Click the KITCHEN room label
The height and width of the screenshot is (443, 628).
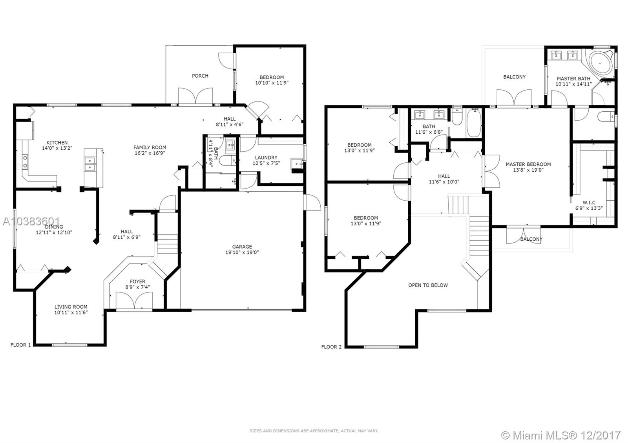[x=57, y=143]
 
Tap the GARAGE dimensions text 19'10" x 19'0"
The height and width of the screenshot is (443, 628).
[x=242, y=252]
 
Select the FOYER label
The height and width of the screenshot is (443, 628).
[x=137, y=281]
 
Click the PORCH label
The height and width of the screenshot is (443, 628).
[x=200, y=76]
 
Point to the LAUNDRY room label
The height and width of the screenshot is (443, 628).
[x=266, y=158]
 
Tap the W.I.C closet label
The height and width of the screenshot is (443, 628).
[x=589, y=203]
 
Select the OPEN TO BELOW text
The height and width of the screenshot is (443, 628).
[x=428, y=285]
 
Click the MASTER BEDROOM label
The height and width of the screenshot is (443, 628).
[x=528, y=164]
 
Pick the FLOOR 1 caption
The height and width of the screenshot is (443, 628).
[x=20, y=345]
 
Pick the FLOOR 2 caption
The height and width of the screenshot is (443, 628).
[x=331, y=347]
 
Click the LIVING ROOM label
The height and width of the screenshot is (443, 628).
[x=71, y=307]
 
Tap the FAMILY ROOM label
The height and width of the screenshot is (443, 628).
[x=150, y=147]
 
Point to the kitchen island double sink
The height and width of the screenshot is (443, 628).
[x=91, y=164]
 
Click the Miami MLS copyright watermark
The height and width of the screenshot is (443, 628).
[x=561, y=435]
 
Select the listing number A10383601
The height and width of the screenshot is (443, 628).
[x=31, y=221]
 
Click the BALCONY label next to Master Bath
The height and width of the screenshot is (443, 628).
[x=514, y=77]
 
